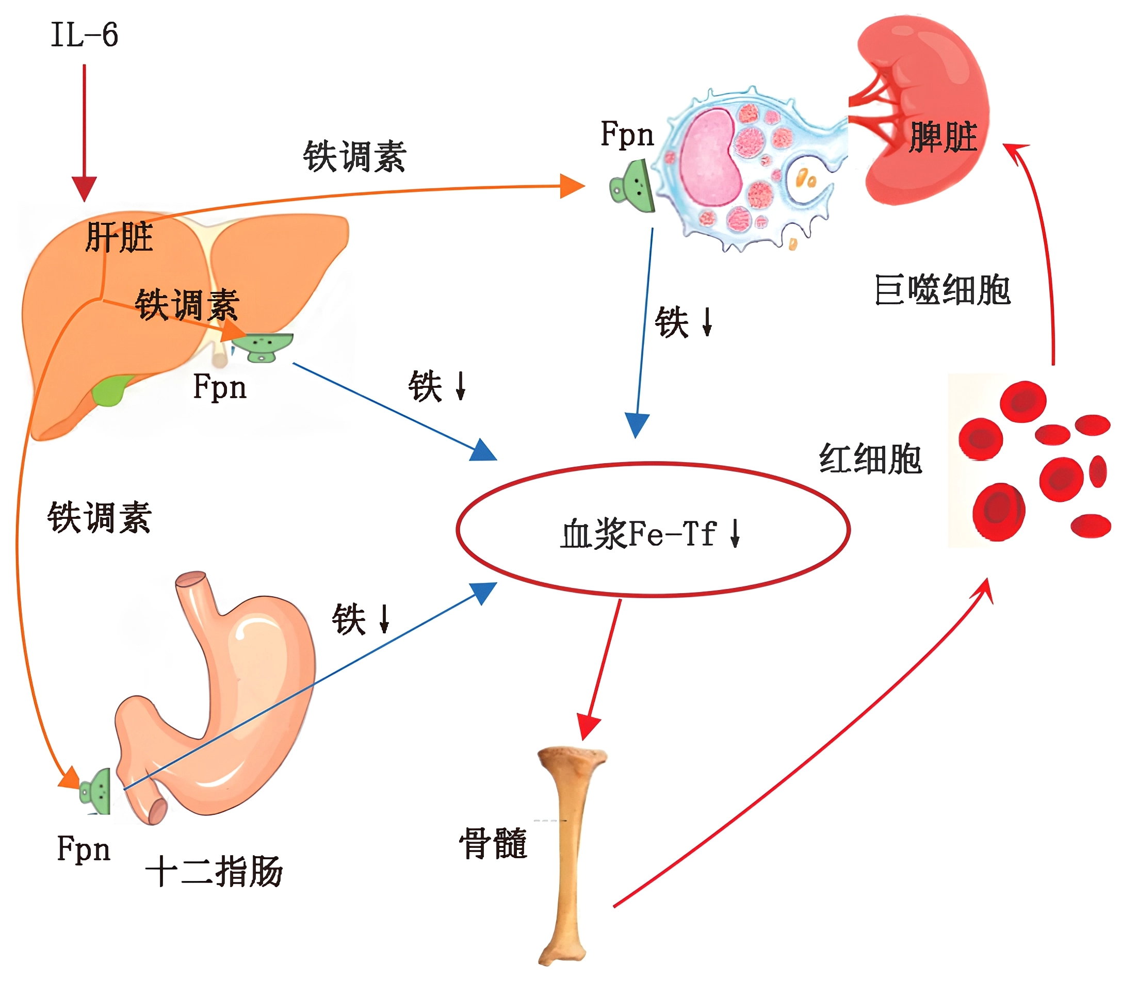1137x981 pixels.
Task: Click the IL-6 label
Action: (x=85, y=35)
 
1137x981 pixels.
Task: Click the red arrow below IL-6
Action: (x=85, y=132)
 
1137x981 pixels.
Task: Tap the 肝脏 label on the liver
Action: (x=119, y=237)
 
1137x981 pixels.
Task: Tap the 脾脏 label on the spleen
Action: (x=943, y=137)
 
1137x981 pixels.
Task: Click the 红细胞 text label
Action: (x=870, y=459)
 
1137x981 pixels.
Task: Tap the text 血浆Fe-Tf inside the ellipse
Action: (x=639, y=534)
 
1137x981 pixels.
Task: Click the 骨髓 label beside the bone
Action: (x=493, y=843)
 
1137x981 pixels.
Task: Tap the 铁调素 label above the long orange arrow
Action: (x=354, y=157)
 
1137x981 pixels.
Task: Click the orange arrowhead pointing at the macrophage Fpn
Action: (x=572, y=187)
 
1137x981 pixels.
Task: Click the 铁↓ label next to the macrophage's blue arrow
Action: (x=683, y=322)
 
